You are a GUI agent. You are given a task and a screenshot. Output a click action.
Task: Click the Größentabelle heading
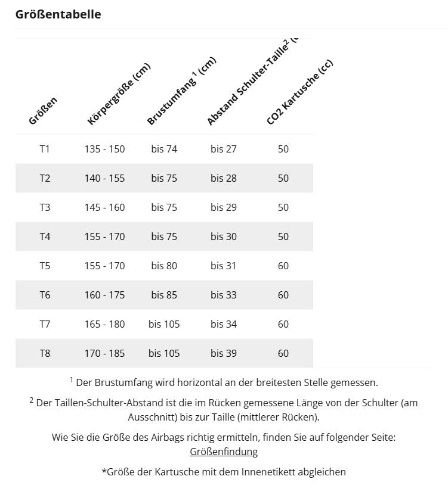[58, 14]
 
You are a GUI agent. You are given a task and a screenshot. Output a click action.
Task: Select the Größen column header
[43, 111]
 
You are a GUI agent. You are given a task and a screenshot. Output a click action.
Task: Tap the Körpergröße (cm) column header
[118, 95]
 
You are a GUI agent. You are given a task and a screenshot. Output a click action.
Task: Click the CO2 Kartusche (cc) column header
[299, 92]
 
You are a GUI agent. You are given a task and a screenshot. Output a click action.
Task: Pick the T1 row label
[45, 149]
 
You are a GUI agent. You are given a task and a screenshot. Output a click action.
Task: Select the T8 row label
[45, 353]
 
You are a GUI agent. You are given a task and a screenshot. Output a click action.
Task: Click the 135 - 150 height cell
[104, 149]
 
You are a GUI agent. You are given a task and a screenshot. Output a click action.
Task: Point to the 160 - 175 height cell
[104, 295]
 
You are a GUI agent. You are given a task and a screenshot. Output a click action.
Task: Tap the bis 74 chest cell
[164, 149]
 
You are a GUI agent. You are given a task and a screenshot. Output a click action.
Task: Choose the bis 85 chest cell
[164, 295]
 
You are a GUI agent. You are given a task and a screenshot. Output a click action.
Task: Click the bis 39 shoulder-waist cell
[224, 353]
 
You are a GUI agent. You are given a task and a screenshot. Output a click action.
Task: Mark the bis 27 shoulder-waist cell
[224, 149]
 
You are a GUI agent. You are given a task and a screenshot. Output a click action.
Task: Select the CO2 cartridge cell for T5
[283, 266]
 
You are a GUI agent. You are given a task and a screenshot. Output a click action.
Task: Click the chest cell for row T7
[164, 324]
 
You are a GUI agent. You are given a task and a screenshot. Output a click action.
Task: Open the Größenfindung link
[224, 452]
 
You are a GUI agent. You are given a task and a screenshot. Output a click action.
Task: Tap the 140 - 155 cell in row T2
[104, 178]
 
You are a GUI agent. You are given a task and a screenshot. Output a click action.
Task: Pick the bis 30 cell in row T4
[224, 236]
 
